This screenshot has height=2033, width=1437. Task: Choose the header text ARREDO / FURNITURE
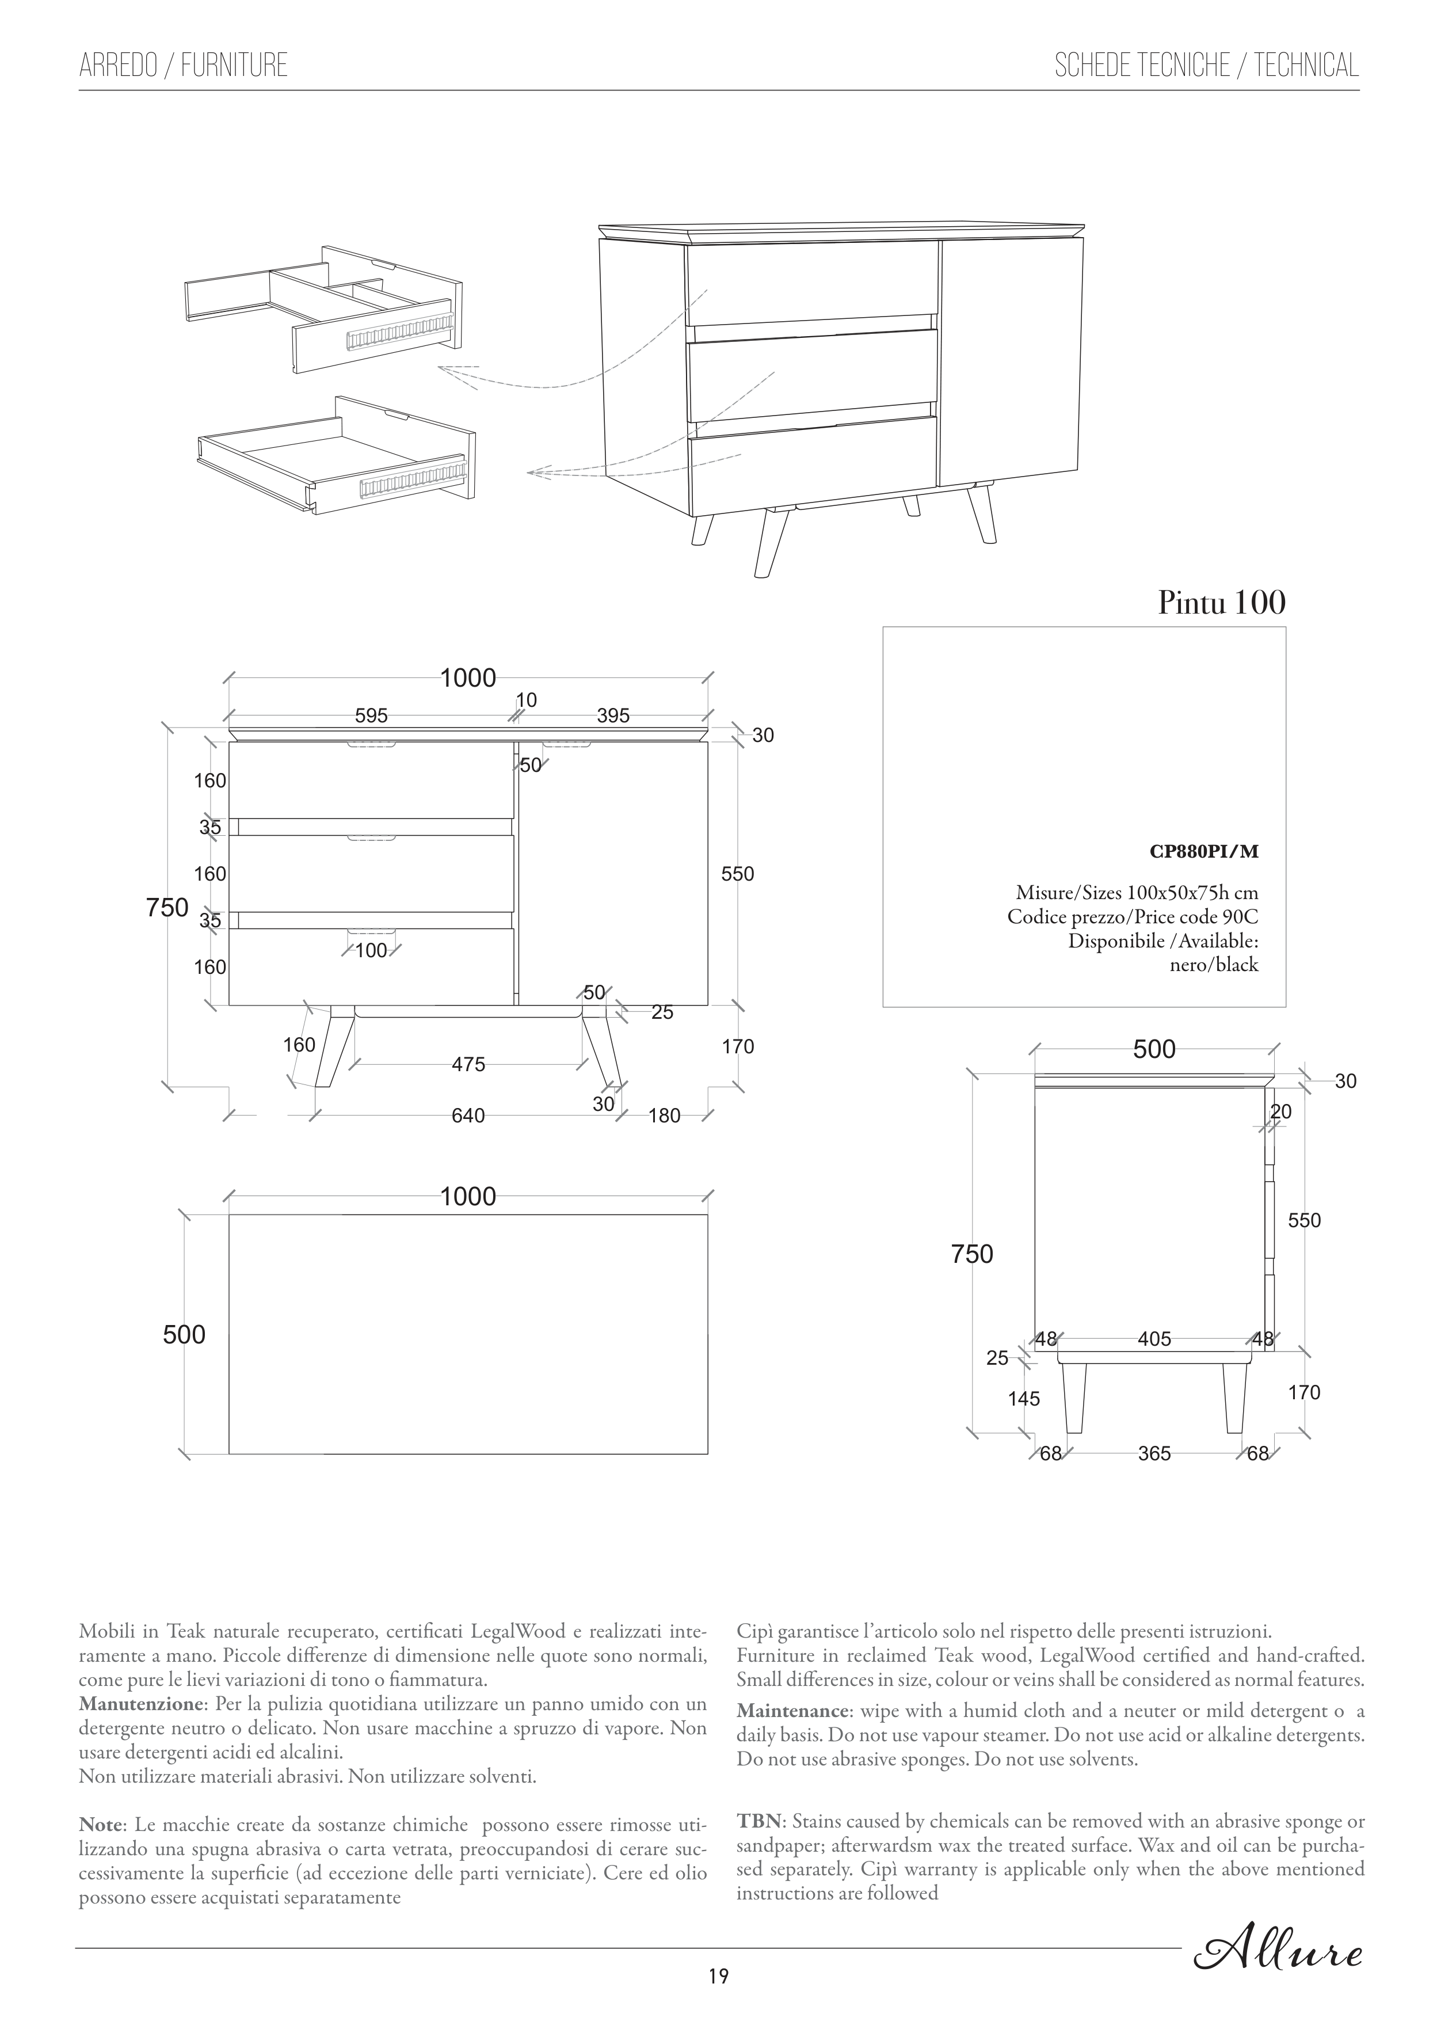tap(183, 66)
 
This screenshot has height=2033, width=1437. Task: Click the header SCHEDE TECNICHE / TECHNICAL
tap(1206, 66)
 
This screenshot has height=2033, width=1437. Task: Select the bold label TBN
tap(759, 1821)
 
